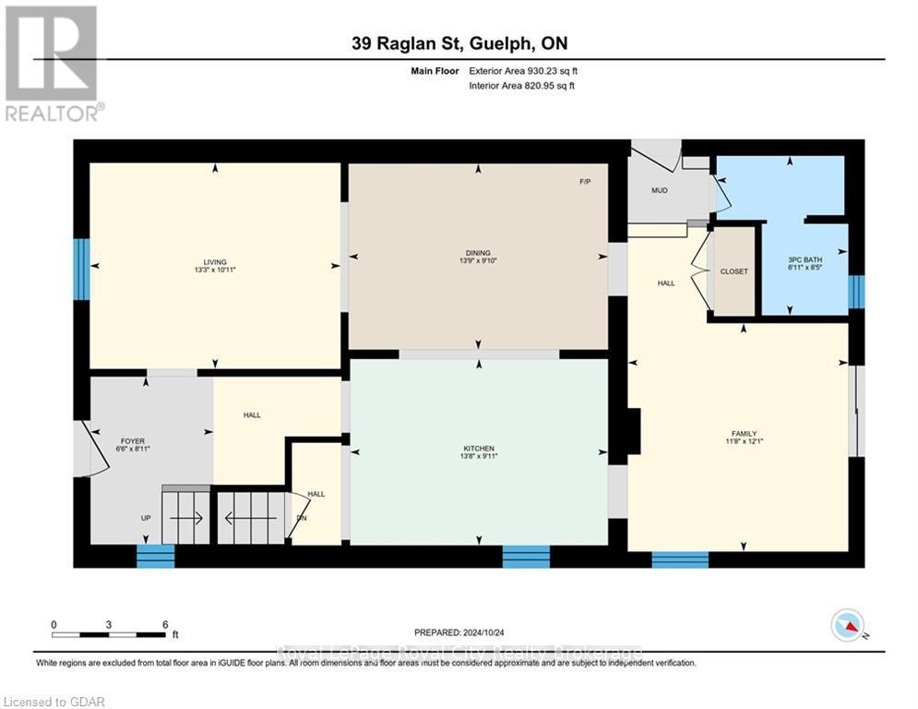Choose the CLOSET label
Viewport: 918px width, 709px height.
734,271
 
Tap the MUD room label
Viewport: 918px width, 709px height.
659,191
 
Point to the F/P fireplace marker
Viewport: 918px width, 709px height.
585,182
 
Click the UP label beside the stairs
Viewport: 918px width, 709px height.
146,518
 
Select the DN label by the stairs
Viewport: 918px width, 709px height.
301,518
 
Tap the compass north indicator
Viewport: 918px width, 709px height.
848,627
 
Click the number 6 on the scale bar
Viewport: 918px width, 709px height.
164,624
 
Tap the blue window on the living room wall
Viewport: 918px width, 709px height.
81,270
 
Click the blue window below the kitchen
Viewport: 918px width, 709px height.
526,556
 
